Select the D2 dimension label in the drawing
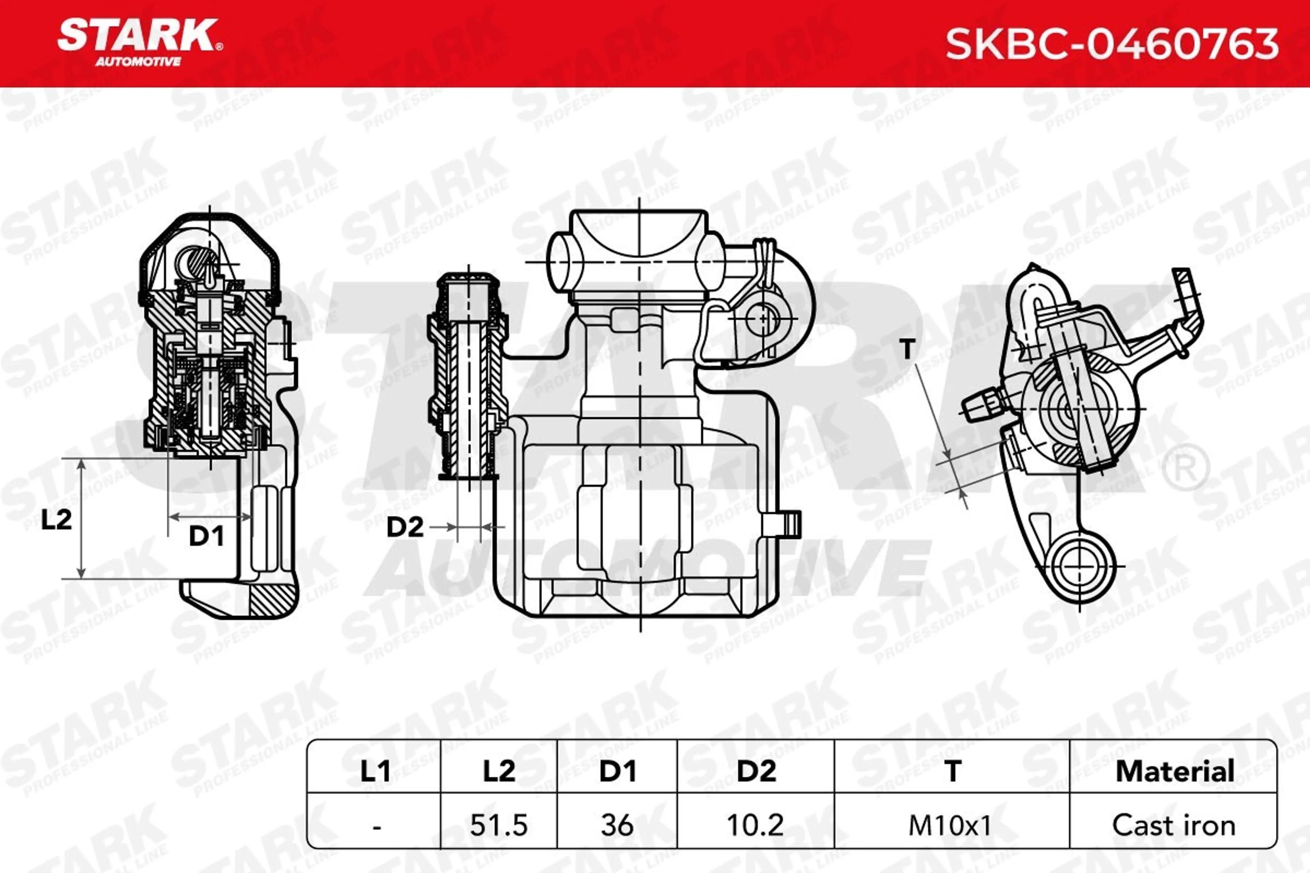click(405, 527)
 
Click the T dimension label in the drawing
click(907, 349)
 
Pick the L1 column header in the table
click(375, 771)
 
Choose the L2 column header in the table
click(499, 771)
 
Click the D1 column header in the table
click(617, 771)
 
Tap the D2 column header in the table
click(756, 771)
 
